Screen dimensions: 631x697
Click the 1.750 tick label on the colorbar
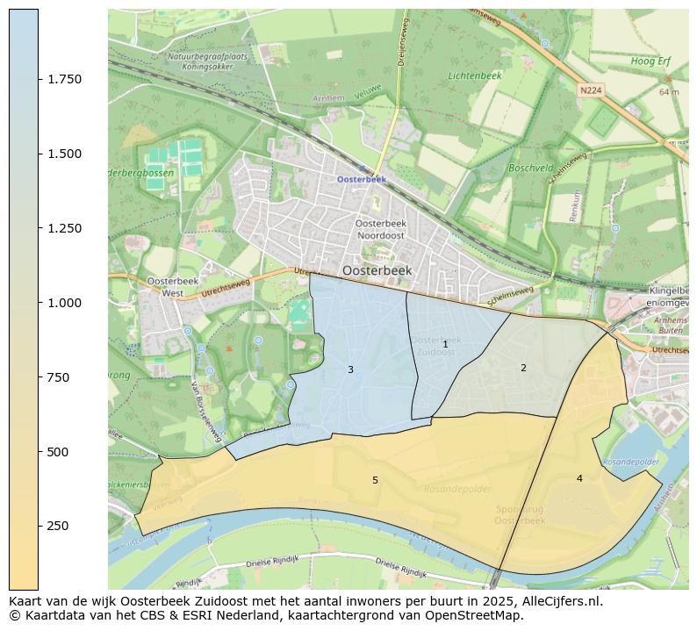click(63, 79)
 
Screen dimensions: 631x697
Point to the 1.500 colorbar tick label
click(63, 154)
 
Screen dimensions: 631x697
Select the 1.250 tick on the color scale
click(63, 228)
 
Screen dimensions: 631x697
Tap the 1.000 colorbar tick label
click(63, 303)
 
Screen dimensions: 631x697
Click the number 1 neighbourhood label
click(445, 344)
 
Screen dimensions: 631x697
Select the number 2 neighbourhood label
click(523, 368)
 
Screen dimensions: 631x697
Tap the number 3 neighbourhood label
click(350, 369)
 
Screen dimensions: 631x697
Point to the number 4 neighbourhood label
click(579, 478)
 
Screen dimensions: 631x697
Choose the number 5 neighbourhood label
click(375, 480)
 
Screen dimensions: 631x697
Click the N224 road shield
click(592, 90)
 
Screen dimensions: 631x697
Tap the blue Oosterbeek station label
click(362, 179)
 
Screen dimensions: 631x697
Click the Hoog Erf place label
click(650, 61)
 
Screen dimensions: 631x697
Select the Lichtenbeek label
click(474, 76)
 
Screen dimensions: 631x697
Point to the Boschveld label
click(531, 168)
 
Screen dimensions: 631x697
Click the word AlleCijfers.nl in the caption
click(558, 602)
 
